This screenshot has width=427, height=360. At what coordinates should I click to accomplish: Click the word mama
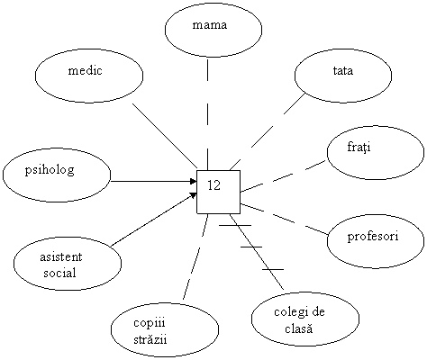pos(210,25)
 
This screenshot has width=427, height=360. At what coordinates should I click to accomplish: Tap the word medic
pos(86,70)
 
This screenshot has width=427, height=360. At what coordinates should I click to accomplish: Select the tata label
pos(343,71)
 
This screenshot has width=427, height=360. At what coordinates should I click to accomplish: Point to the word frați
pos(359,148)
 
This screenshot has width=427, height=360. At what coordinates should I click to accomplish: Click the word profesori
pos(373,237)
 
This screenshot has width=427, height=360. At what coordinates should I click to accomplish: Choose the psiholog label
pos(50,170)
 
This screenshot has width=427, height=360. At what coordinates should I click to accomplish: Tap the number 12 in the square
pos(214,185)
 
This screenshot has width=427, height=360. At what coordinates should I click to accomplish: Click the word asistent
pos(61,257)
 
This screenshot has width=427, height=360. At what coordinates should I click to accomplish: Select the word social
pos(59,273)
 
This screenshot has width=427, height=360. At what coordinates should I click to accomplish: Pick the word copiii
pos(150,323)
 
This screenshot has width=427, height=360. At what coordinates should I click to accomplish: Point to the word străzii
pos(150,339)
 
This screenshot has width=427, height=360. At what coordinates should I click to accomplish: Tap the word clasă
pos(299,328)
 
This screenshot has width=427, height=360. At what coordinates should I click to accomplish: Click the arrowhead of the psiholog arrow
pos(194,181)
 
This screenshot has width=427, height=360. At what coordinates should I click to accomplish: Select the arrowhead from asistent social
pos(194,195)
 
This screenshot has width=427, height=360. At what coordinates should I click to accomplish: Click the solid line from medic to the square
pos(165,136)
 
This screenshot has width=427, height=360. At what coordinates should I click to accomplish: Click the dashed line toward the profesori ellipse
pos(284,219)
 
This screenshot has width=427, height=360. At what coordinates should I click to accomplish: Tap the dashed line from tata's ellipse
pos(268,132)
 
